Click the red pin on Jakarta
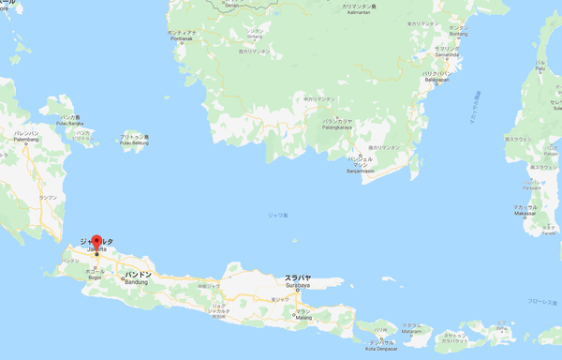(96, 242)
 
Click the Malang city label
(303, 317)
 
